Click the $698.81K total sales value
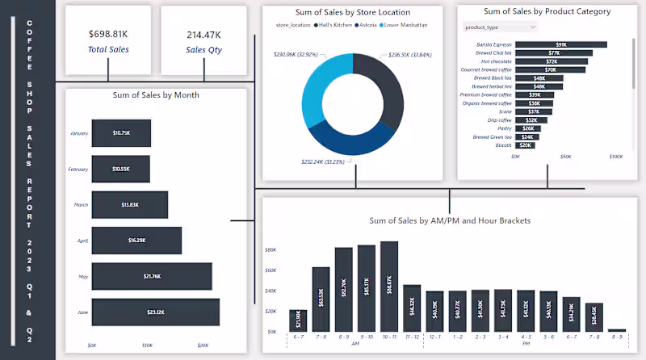click(108, 35)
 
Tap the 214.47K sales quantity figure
click(203, 35)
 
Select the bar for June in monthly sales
click(155, 312)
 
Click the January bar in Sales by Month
click(121, 132)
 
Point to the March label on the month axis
click(81, 205)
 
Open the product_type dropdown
click(498, 27)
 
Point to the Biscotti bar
click(525, 145)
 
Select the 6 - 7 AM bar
click(297, 320)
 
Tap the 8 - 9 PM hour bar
click(617, 329)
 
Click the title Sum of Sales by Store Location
click(353, 12)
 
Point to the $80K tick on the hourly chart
click(271, 250)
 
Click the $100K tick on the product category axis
click(615, 157)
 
